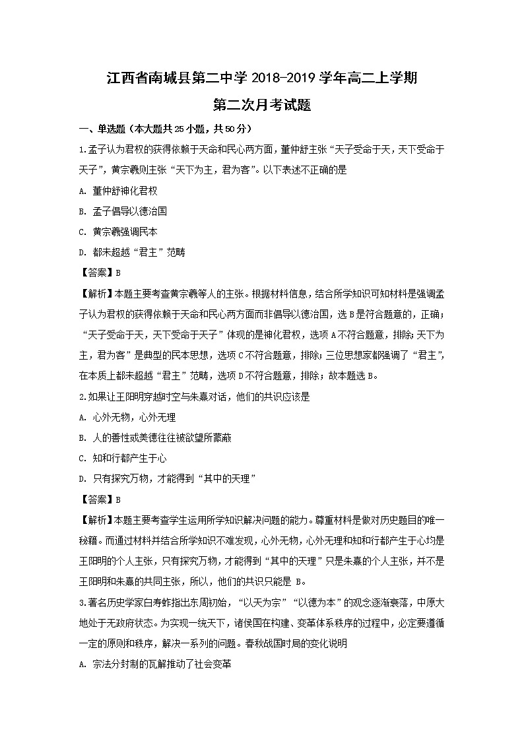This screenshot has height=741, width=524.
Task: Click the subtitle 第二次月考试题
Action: tap(262, 105)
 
